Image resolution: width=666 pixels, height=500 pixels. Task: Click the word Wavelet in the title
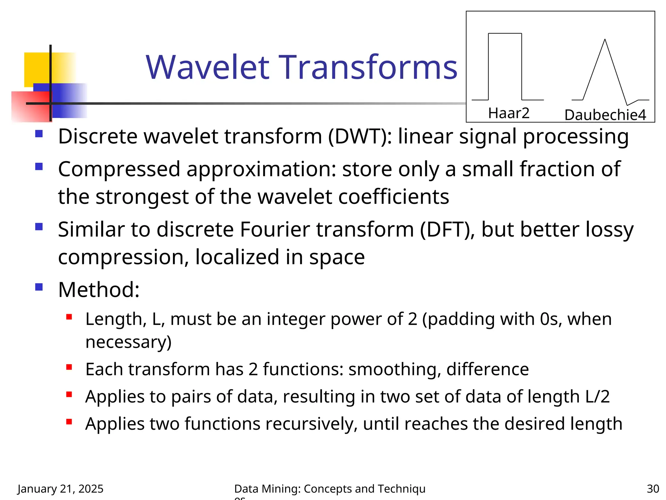click(207, 67)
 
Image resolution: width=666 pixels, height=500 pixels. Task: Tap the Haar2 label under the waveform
click(509, 113)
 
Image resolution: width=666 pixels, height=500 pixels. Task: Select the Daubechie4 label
click(605, 115)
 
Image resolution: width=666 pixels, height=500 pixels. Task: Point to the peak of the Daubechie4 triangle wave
click(605, 40)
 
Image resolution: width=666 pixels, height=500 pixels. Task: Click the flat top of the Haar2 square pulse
click(505, 34)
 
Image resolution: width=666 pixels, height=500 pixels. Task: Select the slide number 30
click(653, 489)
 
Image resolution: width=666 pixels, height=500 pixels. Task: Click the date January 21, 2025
click(60, 489)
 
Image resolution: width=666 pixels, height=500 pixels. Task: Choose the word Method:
click(99, 289)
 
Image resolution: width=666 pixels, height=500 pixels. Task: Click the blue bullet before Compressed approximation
click(39, 167)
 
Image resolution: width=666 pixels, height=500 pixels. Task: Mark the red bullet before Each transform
click(69, 368)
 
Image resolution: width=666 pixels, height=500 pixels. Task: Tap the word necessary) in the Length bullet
click(128, 342)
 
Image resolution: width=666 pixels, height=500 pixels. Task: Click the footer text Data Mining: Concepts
click(293, 489)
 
